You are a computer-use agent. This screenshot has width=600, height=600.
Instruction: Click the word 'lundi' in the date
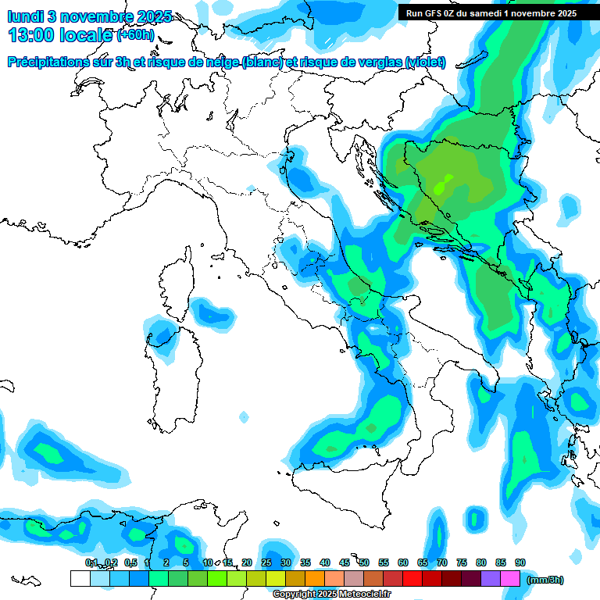tap(28, 16)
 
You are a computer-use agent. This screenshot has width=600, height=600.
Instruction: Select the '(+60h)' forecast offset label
tap(135, 35)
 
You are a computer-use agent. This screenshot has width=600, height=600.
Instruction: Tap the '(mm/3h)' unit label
tap(545, 580)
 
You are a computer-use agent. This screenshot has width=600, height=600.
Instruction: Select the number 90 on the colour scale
tap(520, 562)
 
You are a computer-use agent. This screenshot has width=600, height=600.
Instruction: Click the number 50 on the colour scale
tap(364, 562)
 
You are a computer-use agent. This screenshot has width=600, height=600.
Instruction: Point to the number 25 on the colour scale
tap(266, 562)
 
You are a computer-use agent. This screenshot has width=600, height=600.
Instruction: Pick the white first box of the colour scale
tap(80, 579)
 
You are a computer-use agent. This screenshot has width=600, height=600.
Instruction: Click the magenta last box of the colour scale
tap(510, 579)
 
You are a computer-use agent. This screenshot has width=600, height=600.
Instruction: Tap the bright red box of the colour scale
tap(412, 579)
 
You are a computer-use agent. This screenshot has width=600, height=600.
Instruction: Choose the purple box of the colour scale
tap(491, 579)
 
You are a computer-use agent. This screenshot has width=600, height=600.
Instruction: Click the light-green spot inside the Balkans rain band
tap(443, 187)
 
